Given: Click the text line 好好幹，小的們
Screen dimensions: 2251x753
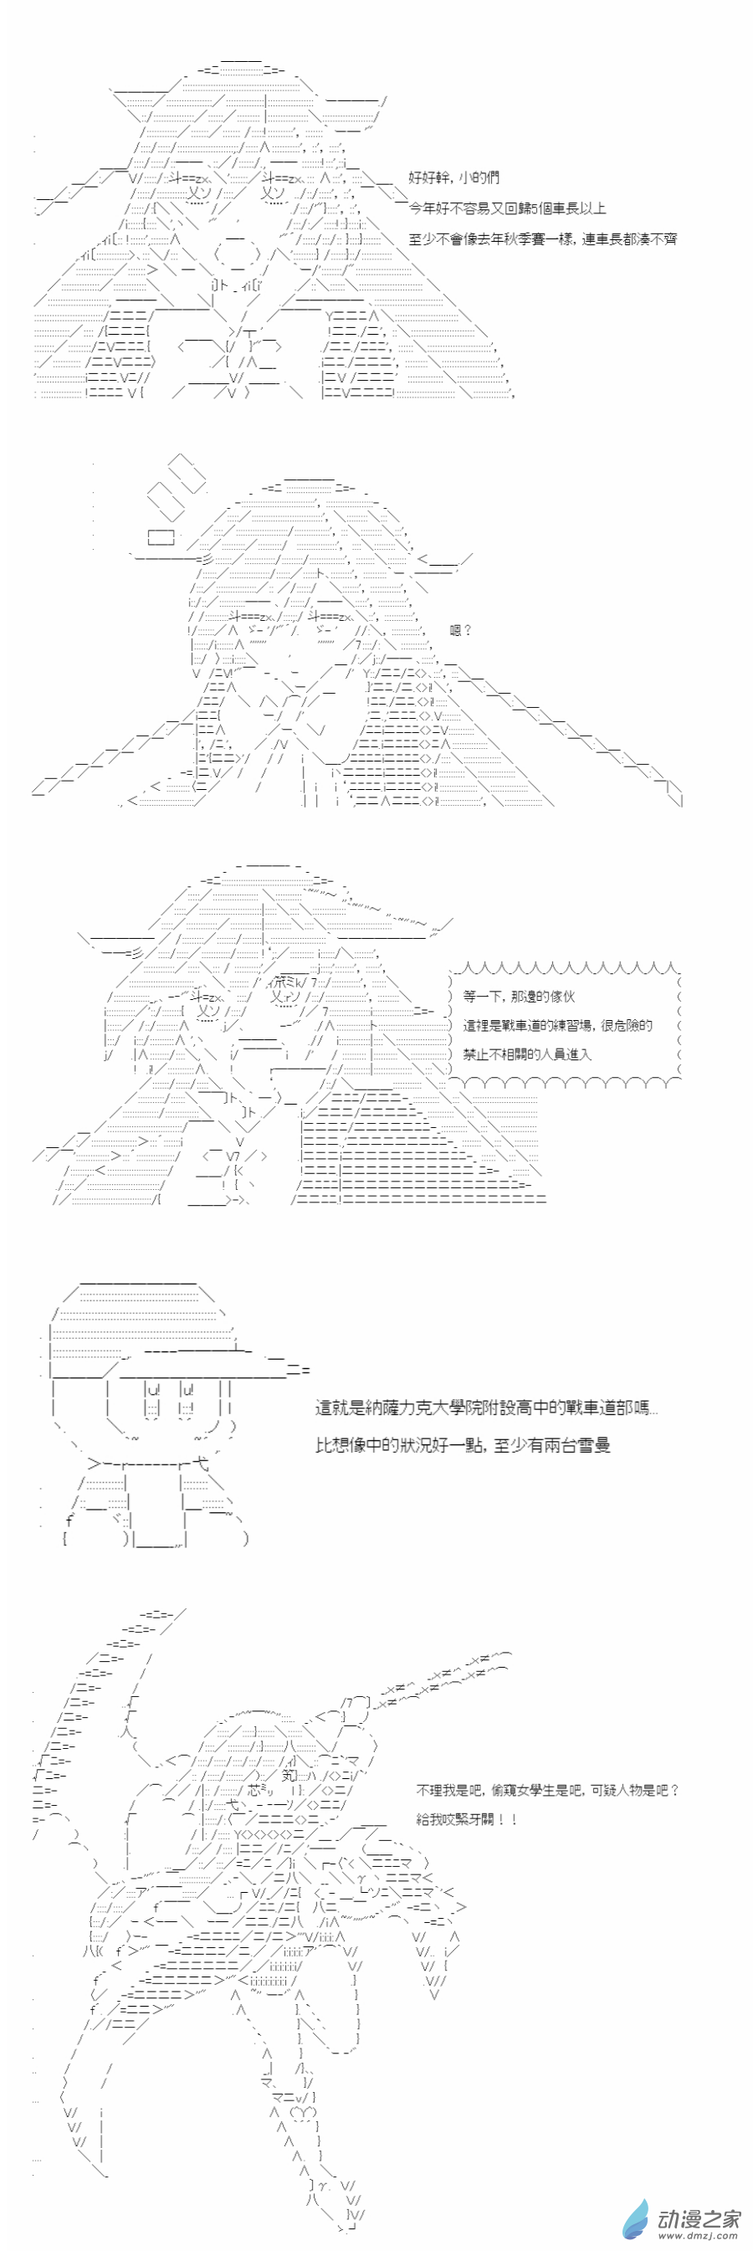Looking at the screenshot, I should click(x=453, y=177).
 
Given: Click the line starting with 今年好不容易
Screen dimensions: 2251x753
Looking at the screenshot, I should click(x=507, y=208).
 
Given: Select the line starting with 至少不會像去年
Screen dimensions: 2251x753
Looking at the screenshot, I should click(x=541, y=238).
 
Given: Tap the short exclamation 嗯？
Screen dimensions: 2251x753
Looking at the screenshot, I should click(x=460, y=629).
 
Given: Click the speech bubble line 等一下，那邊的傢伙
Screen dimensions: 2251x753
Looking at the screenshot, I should click(x=518, y=996).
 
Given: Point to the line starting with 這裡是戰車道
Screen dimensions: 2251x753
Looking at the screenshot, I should click(x=557, y=1025).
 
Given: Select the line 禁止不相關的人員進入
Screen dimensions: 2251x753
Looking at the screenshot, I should click(x=527, y=1054).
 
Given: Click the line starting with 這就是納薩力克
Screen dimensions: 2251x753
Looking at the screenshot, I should click(x=486, y=1408).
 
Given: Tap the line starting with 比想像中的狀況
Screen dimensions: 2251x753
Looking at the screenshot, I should click(x=462, y=1445).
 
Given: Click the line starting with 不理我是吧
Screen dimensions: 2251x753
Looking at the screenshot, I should click(x=547, y=1791).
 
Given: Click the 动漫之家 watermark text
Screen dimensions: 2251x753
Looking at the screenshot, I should click(x=699, y=2218).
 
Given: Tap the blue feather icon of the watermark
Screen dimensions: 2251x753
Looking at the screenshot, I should click(x=636, y=2219).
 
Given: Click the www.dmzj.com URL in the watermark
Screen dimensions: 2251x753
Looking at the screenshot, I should click(x=699, y=2236).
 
